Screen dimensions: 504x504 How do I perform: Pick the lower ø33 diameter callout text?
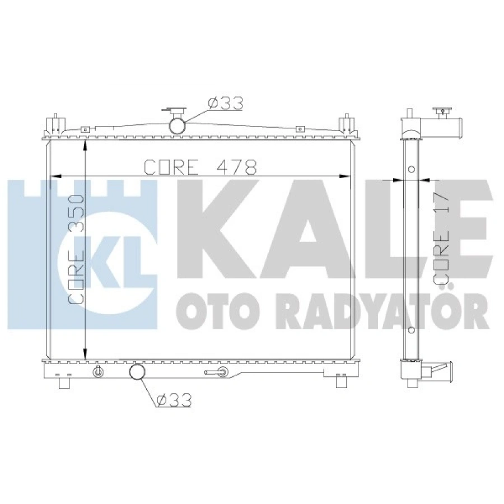click(x=174, y=399)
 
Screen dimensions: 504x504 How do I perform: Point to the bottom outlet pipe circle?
click(x=137, y=372)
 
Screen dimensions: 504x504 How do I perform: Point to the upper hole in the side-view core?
click(x=412, y=169)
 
